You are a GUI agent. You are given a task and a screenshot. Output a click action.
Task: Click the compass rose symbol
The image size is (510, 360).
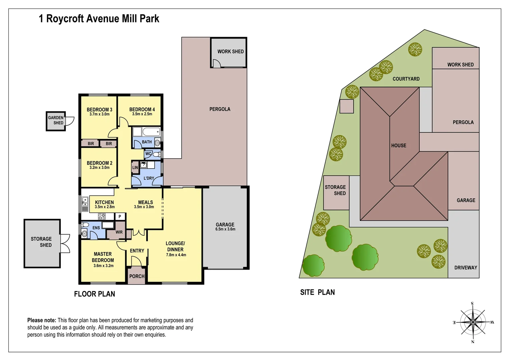(473, 322)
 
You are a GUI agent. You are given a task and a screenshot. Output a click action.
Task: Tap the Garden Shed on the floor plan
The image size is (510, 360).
(56, 121)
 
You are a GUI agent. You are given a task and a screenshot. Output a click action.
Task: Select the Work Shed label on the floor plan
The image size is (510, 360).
(230, 52)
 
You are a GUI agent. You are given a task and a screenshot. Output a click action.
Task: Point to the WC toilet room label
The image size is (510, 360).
(148, 154)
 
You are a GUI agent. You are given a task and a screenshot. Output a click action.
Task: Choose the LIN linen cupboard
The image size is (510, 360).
(135, 167)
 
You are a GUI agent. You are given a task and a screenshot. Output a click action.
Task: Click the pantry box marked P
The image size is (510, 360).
(120, 217)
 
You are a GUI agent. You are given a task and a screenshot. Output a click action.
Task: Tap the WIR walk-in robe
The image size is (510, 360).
(119, 232)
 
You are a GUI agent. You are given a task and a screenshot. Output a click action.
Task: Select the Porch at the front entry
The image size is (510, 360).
(137, 276)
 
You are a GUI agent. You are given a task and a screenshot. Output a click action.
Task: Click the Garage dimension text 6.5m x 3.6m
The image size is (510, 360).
(225, 229)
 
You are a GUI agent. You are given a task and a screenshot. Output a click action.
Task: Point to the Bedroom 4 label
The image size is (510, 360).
(142, 109)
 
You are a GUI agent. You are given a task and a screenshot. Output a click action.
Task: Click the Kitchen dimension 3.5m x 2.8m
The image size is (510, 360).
(104, 207)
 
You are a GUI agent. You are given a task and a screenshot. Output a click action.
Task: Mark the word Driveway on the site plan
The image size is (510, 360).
(465, 268)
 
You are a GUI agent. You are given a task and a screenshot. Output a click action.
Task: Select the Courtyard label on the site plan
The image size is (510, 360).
(406, 79)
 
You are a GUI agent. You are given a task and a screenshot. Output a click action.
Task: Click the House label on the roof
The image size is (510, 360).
(399, 146)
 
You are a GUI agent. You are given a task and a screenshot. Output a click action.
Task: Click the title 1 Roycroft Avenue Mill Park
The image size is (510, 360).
(99, 19)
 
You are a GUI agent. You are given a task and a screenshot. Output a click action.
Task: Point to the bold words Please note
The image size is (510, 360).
(42, 320)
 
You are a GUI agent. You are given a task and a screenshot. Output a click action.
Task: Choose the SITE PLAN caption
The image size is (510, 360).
(317, 292)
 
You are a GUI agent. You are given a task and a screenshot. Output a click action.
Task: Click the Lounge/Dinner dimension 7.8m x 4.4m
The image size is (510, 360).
(176, 255)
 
